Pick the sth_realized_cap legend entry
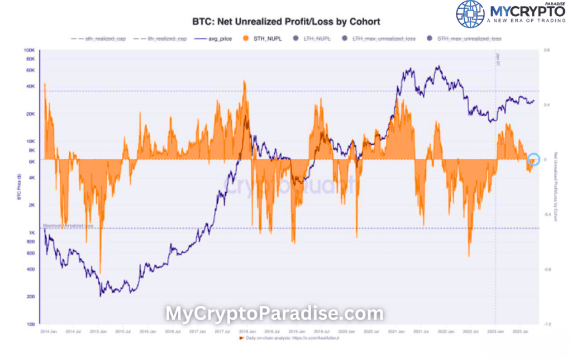pos(102,39)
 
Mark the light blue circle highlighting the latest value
pos(533,159)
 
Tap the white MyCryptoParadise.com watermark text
pos(274,314)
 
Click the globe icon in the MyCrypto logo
pos(470,15)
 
